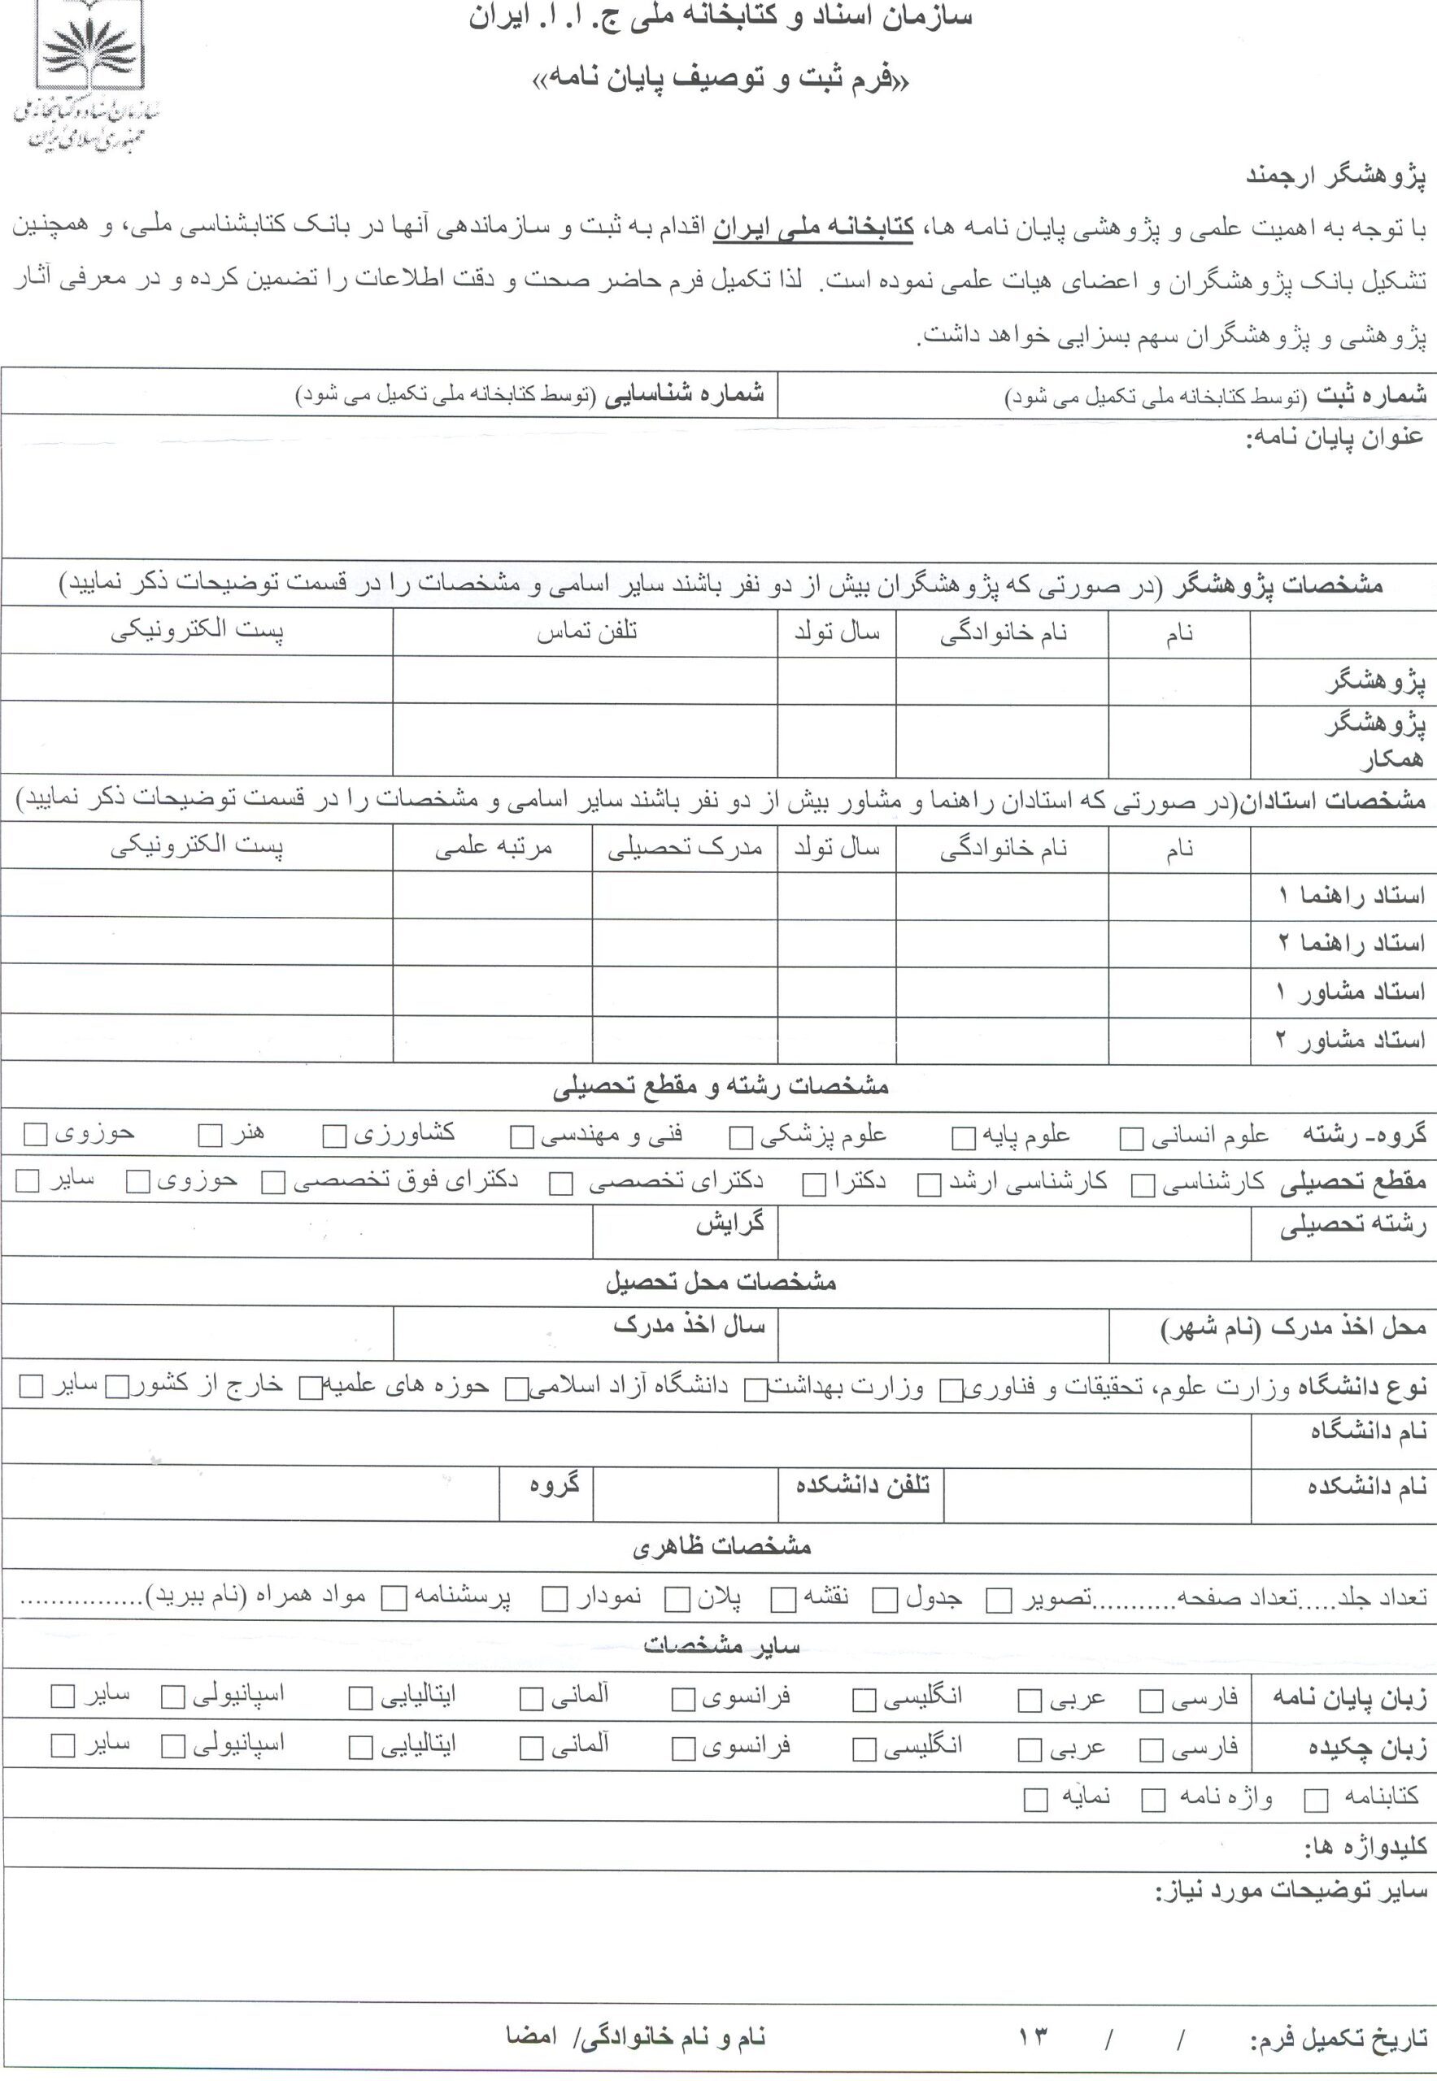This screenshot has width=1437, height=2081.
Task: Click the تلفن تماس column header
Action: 586,632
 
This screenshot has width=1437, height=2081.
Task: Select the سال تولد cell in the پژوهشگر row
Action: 837,680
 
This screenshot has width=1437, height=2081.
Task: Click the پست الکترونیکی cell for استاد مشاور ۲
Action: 196,1039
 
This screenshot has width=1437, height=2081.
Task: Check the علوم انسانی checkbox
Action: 1131,1140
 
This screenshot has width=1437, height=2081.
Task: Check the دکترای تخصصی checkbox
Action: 562,1184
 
